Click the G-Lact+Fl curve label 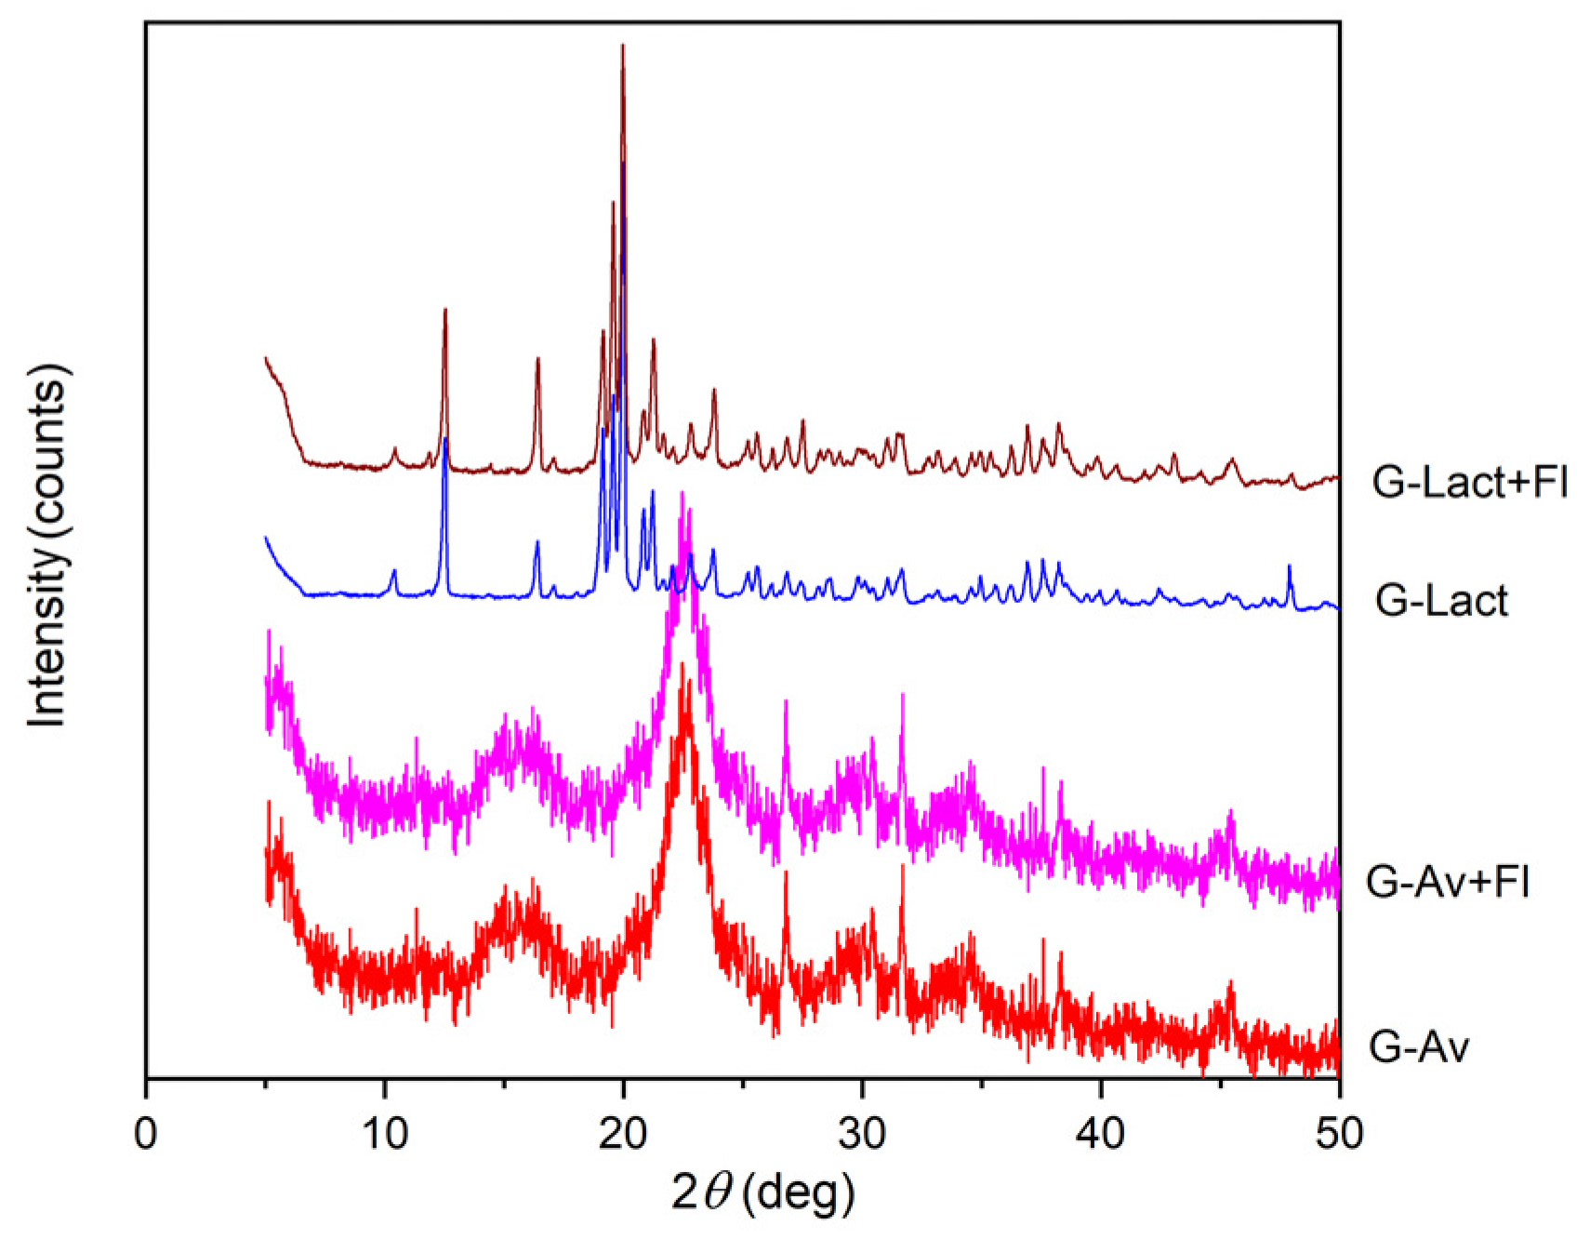coord(1469,482)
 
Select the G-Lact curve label coord(1440,601)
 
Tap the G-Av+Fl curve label coord(1447,880)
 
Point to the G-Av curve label coord(1418,1047)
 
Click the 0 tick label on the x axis coord(146,1133)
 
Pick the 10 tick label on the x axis coord(384,1133)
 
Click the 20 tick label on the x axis coord(623,1133)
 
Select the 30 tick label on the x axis coord(862,1133)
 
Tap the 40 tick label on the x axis coord(1101,1133)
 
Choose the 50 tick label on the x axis coord(1339,1133)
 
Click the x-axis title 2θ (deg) coord(762,1192)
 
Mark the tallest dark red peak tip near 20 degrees coord(622,45)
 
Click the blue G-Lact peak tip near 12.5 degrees coord(445,438)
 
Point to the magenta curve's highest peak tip coord(683,493)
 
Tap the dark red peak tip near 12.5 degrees coord(444,310)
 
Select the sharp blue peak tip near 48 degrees coord(1289,566)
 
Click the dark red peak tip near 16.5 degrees coord(537,358)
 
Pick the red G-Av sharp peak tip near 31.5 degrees coord(901,866)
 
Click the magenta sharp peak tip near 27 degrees coord(786,701)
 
